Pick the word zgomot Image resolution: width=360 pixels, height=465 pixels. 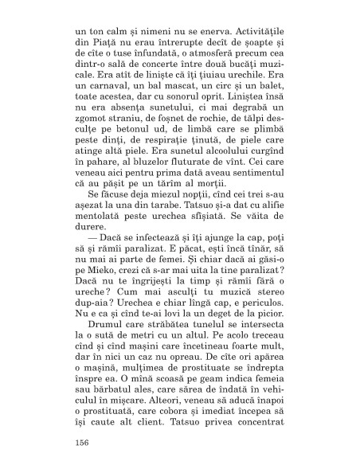click(x=92, y=132)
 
